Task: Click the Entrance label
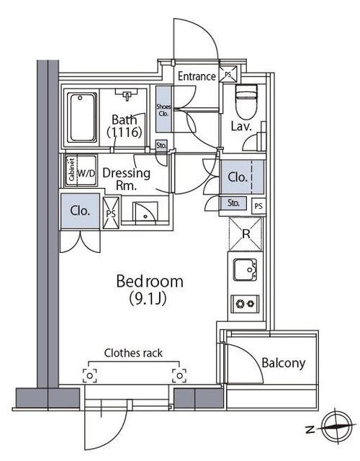[x=197, y=76]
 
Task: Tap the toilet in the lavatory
[x=246, y=102]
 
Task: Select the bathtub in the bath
[x=81, y=117]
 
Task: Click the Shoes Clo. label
[x=163, y=110]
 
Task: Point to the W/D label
[x=86, y=174]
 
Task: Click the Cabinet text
[x=71, y=170]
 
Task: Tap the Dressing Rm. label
[x=127, y=179]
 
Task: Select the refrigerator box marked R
[x=246, y=234]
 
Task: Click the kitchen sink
[x=245, y=270]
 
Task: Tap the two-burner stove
[x=245, y=304]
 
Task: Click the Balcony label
[x=283, y=363]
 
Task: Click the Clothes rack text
[x=133, y=353]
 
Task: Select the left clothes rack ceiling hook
[x=89, y=376]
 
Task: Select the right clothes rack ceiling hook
[x=179, y=376]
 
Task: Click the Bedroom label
[x=150, y=282]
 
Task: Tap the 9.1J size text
[x=148, y=299]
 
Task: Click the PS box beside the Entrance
[x=228, y=74]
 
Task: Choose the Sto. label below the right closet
[x=233, y=203]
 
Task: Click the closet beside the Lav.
[x=242, y=177]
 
